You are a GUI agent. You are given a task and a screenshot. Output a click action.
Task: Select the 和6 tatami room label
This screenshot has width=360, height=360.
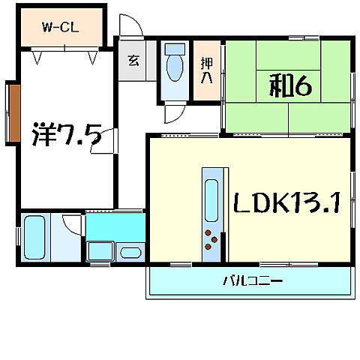290,87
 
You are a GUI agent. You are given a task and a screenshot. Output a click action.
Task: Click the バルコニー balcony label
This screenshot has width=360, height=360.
252,282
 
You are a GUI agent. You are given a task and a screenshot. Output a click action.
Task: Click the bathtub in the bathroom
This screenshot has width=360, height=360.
34,238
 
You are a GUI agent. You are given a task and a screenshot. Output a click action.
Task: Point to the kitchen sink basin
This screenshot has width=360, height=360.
211,199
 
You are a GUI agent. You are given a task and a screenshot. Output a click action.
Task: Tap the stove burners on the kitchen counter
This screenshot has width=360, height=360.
211,241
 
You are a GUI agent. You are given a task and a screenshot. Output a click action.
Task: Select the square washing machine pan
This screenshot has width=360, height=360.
98,251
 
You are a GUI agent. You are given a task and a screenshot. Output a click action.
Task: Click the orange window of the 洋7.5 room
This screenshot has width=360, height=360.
12,112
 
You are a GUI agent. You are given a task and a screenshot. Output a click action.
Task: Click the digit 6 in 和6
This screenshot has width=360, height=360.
303,87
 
